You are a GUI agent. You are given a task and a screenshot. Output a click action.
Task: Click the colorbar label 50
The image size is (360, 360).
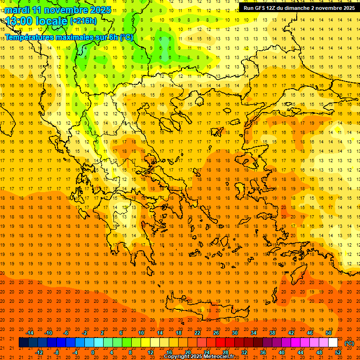click(329, 333)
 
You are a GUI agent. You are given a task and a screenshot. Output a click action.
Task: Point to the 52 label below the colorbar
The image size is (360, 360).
click(338, 352)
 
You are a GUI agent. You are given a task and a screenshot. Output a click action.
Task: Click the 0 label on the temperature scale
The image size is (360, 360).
click(93, 352)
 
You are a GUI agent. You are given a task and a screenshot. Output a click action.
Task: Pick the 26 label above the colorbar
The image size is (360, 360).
click(216, 333)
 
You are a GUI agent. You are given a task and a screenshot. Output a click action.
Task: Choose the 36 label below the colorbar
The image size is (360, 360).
click(263, 352)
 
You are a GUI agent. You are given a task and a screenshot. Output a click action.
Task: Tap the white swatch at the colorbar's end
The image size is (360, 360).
click(333, 343)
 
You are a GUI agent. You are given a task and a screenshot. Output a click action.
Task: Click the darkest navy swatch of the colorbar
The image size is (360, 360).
click(23, 343)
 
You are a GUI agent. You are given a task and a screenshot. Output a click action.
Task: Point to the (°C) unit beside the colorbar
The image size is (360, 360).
click(349, 343)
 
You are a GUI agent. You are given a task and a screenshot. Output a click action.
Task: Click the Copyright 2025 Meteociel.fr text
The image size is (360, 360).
click(199, 357)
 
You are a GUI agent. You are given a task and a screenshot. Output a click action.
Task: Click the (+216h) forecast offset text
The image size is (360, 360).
click(83, 21)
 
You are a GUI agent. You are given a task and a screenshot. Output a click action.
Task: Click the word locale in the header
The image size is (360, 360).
click(53, 21)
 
